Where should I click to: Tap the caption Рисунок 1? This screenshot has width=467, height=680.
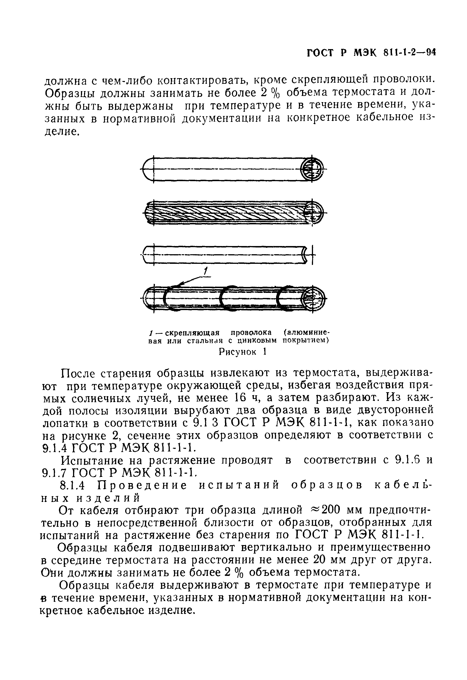(x=243, y=352)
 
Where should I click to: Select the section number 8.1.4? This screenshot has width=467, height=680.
(x=72, y=485)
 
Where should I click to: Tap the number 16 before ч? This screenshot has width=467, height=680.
(x=241, y=398)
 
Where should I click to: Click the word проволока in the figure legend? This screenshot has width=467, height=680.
(x=251, y=333)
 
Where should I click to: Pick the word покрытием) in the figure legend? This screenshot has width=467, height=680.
(x=306, y=341)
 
